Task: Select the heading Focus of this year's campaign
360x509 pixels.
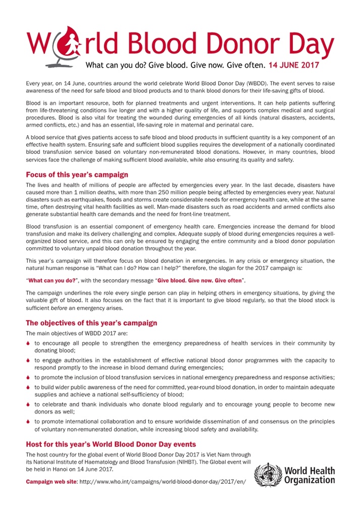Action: pyautogui.click(x=77, y=175)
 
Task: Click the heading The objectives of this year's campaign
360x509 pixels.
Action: pyautogui.click(x=91, y=323)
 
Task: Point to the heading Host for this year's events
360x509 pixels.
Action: pyautogui.click(x=111, y=444)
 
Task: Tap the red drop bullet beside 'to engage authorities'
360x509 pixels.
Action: pyautogui.click(x=29, y=361)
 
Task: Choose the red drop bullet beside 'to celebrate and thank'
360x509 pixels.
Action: pyautogui.click(x=29, y=405)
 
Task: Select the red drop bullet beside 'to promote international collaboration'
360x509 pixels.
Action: pyautogui.click(x=29, y=422)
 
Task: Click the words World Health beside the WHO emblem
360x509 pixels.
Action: pyautogui.click(x=309, y=471)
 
